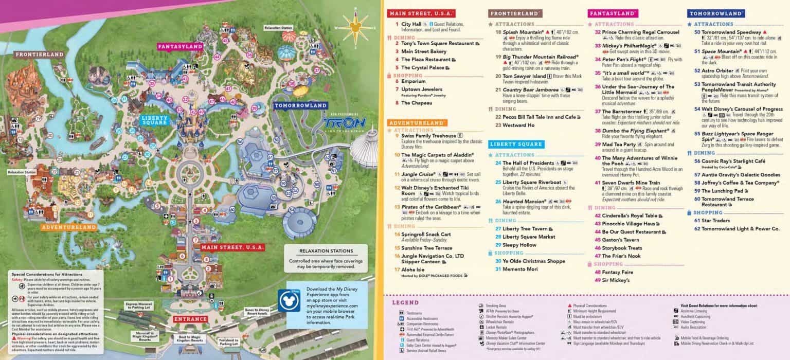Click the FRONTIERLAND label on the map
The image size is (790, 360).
pyautogui.click(x=39, y=55)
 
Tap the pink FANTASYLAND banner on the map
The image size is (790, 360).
pyautogui.click(x=179, y=46)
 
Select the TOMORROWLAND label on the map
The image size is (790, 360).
pyautogui.click(x=300, y=105)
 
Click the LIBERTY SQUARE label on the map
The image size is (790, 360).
pyautogui.click(x=154, y=119)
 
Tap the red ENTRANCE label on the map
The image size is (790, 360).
pyautogui.click(x=190, y=319)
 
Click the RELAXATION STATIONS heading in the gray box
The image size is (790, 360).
pyautogui.click(x=326, y=252)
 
